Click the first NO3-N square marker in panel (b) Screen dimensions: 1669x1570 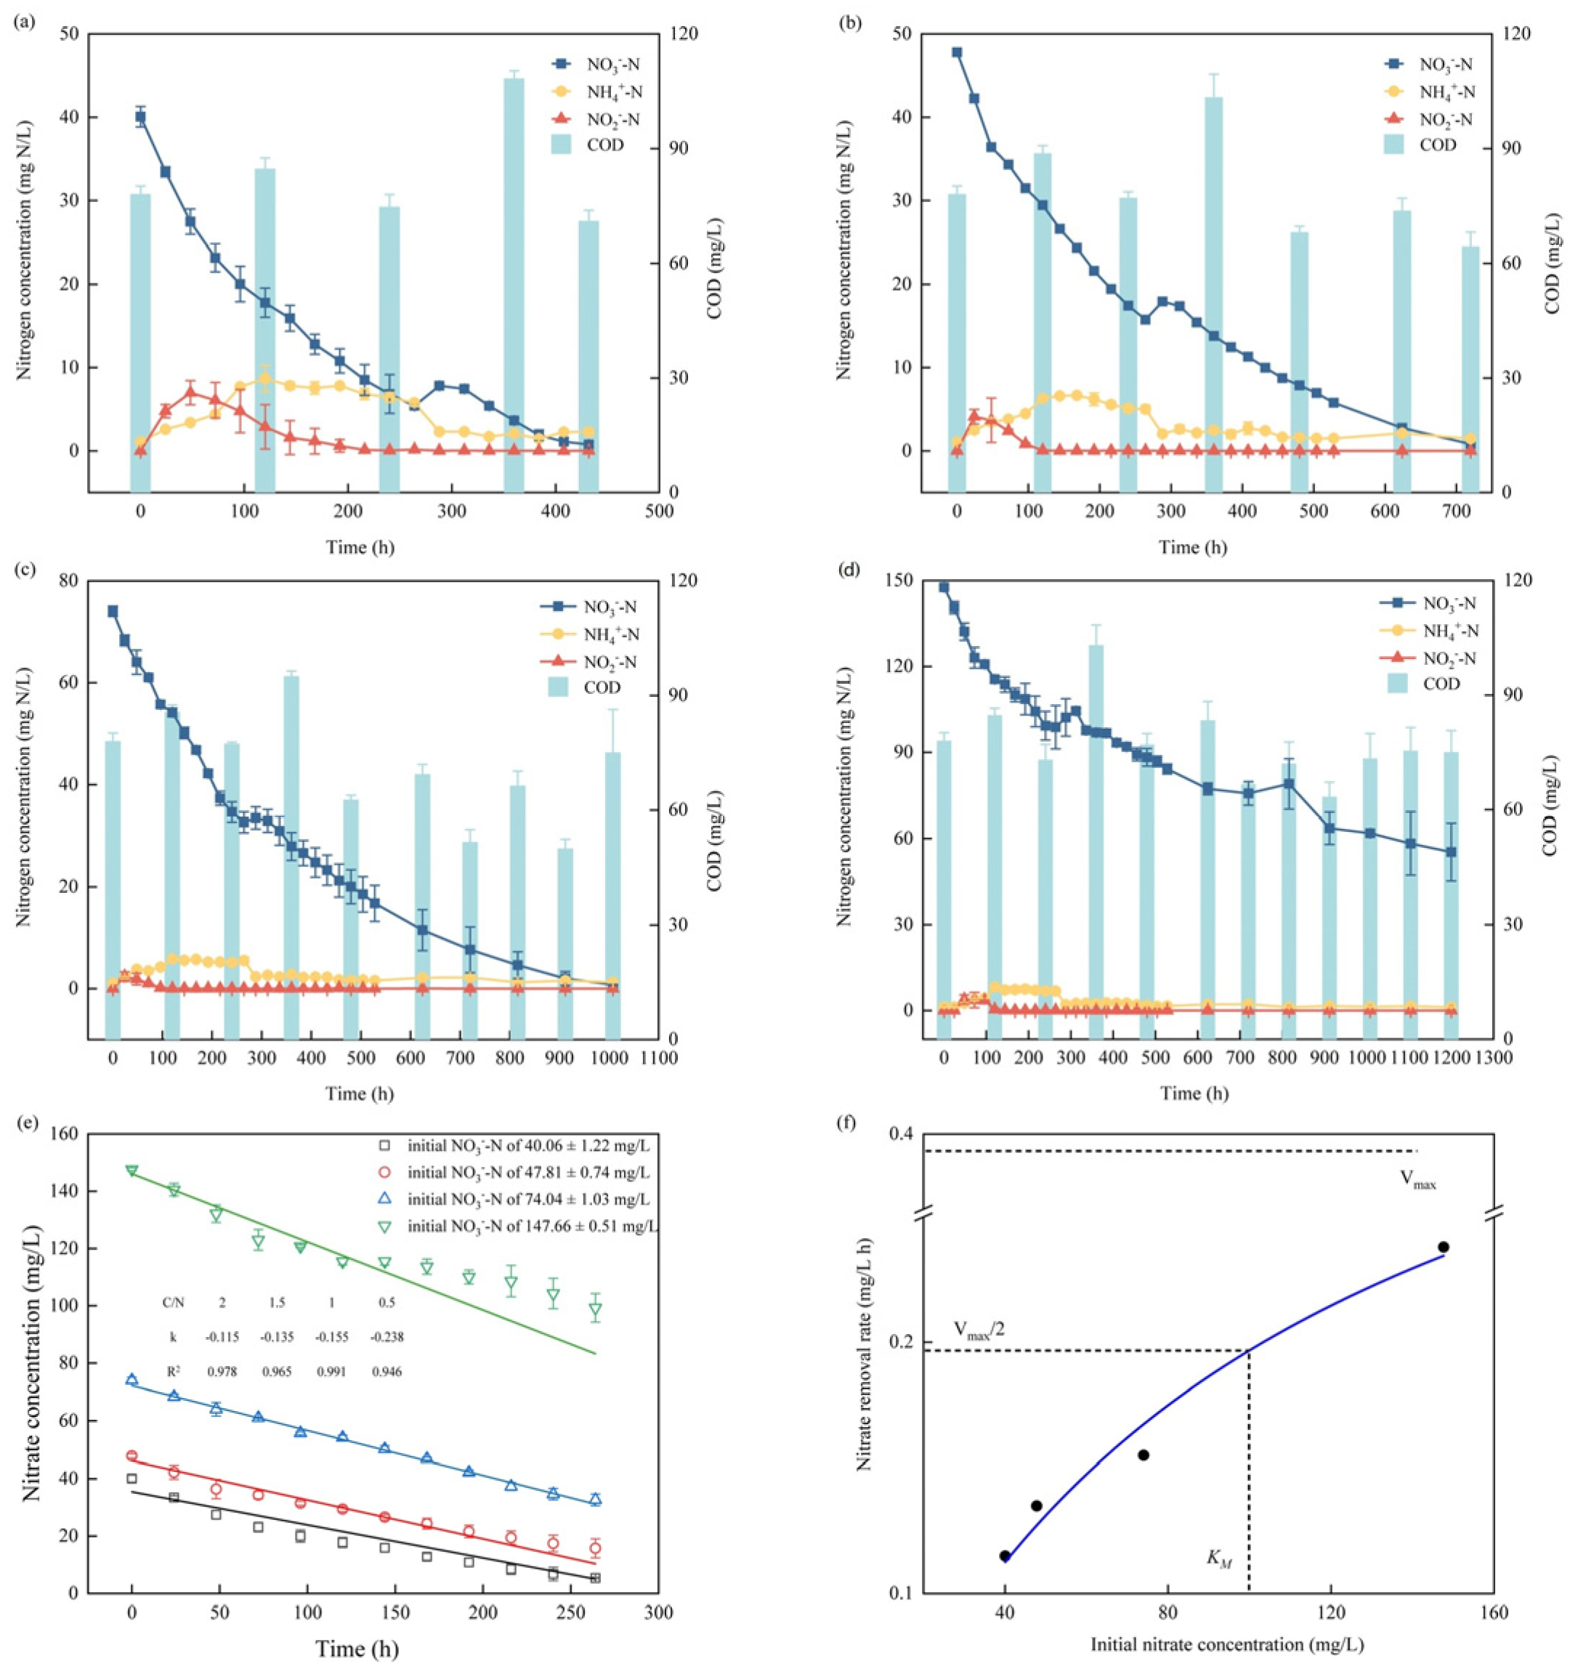tap(956, 52)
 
